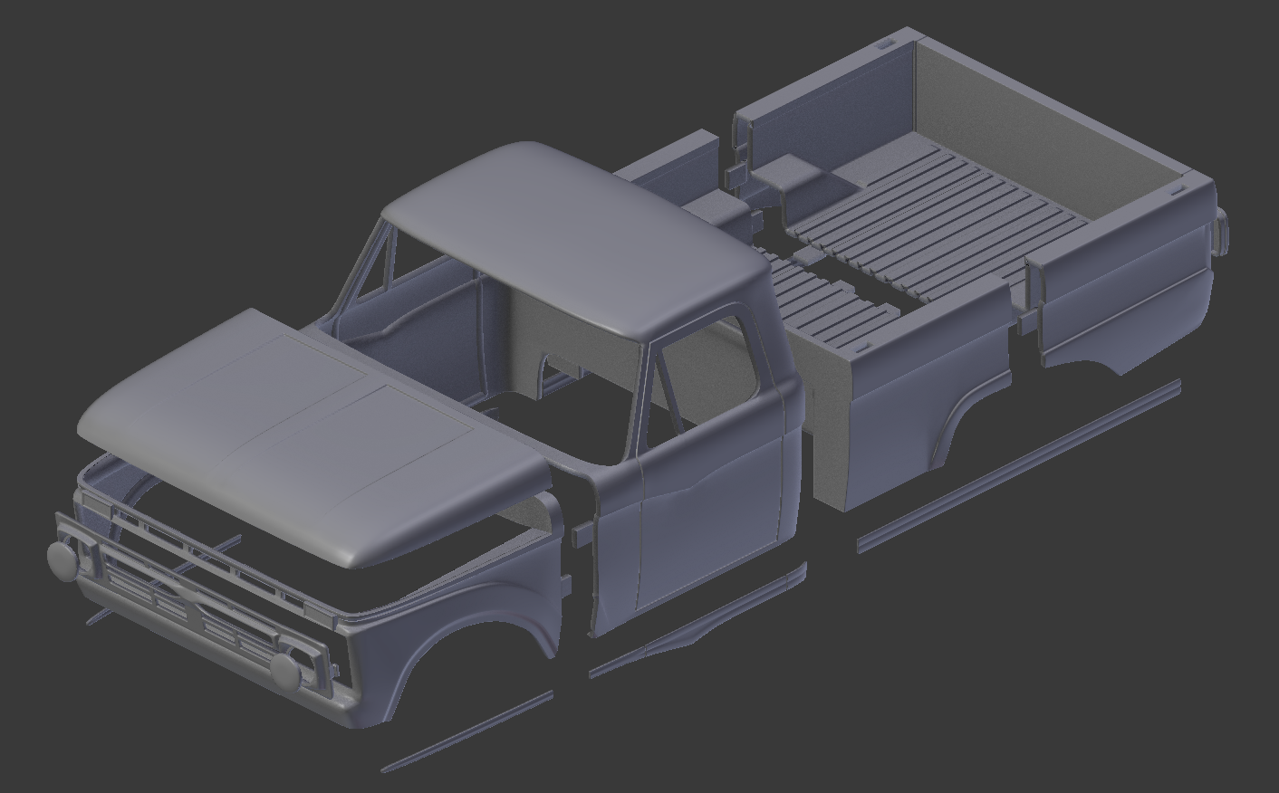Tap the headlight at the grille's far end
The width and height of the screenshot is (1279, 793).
coord(62,559)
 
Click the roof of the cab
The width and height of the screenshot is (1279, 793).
coord(571,240)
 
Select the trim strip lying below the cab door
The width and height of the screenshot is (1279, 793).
coord(697,625)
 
